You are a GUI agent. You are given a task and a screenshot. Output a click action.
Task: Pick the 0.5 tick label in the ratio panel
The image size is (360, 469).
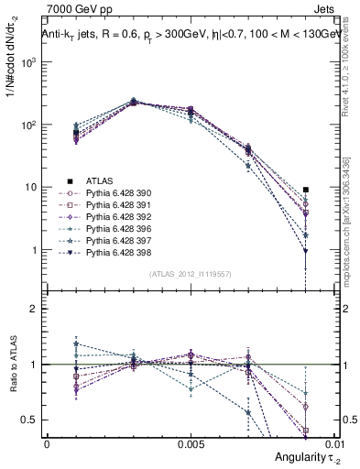click(x=29, y=420)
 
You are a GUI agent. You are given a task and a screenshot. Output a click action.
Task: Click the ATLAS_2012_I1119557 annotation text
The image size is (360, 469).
click(x=190, y=274)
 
